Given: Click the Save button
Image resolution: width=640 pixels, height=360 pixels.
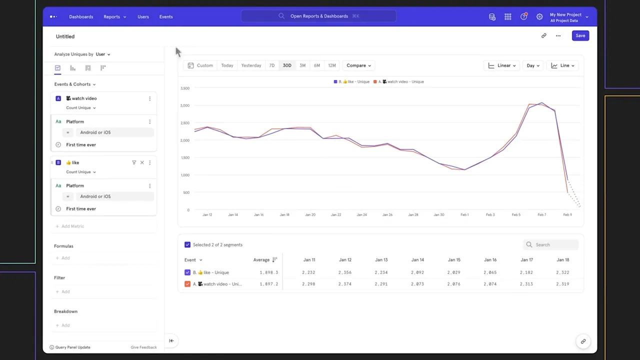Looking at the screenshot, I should pyautogui.click(x=580, y=35).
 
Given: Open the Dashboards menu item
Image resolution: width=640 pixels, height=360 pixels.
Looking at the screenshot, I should pyautogui.click(x=81, y=16).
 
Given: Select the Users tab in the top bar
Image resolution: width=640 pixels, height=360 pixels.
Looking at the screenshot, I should pyautogui.click(x=143, y=16).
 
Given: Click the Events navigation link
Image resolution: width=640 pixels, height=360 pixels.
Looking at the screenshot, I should pyautogui.click(x=166, y=16).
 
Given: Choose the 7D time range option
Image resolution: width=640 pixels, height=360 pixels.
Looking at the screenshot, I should pyautogui.click(x=272, y=65).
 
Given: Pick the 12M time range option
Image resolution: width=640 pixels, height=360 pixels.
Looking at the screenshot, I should pyautogui.click(x=332, y=65).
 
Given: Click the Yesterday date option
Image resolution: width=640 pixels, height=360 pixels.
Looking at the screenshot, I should pyautogui.click(x=251, y=65).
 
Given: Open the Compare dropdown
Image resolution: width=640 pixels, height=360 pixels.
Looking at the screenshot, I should pyautogui.click(x=358, y=65).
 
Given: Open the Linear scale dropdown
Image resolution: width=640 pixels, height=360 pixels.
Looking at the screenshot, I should pyautogui.click(x=502, y=65).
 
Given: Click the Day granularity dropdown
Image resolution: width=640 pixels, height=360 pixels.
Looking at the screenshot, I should pyautogui.click(x=532, y=65).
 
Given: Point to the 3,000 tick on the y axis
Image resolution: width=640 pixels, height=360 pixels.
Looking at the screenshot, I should pyautogui.click(x=185, y=105).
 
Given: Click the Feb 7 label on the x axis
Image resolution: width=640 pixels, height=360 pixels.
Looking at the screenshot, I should pyautogui.click(x=541, y=215).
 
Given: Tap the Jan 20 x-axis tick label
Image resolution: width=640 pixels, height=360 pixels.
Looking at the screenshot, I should pyautogui.click(x=310, y=215).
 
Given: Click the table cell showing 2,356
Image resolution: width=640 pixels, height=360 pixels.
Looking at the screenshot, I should pyautogui.click(x=344, y=272).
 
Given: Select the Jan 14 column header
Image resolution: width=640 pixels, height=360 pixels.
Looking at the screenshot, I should pyautogui.click(x=417, y=260).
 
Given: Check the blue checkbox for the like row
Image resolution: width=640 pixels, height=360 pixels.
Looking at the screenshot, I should pyautogui.click(x=187, y=272).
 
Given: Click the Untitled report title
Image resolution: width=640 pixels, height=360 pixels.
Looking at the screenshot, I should pyautogui.click(x=65, y=36).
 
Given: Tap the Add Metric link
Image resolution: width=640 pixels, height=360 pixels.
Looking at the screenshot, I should pyautogui.click(x=72, y=226).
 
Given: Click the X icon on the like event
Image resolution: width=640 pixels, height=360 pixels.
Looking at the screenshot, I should pyautogui.click(x=142, y=162).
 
